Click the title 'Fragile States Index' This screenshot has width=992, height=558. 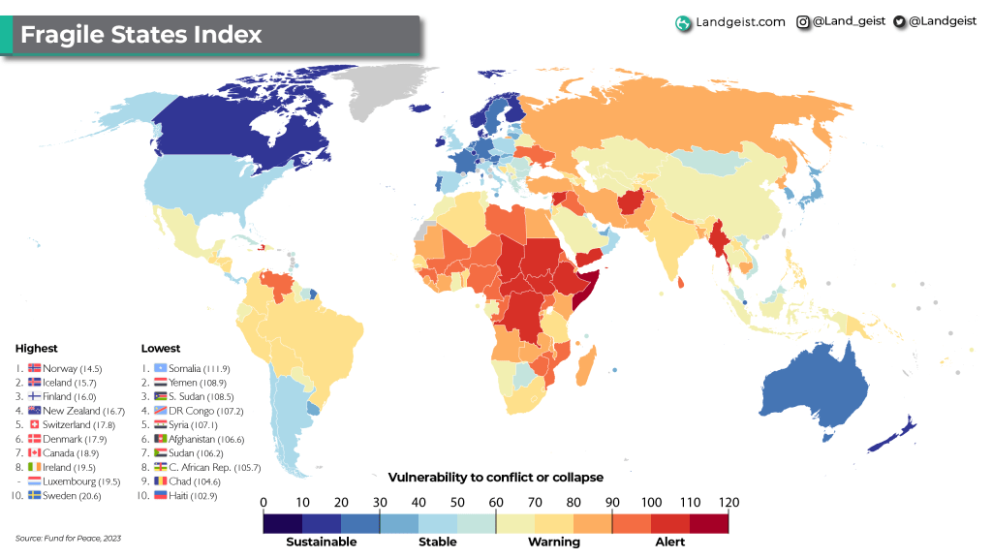click(141, 35)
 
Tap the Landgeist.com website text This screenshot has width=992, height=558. click(740, 22)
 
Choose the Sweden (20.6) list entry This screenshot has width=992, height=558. click(65, 495)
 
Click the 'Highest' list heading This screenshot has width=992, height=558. click(36, 348)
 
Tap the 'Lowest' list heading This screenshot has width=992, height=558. click(160, 348)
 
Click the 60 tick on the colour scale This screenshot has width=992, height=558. click(496, 503)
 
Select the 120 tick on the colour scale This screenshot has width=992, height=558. click(728, 503)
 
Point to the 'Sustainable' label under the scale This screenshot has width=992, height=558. click(321, 542)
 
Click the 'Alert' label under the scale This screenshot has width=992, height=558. click(669, 542)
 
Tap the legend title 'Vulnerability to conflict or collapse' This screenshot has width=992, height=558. click(495, 478)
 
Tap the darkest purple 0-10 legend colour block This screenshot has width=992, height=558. click(282, 523)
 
